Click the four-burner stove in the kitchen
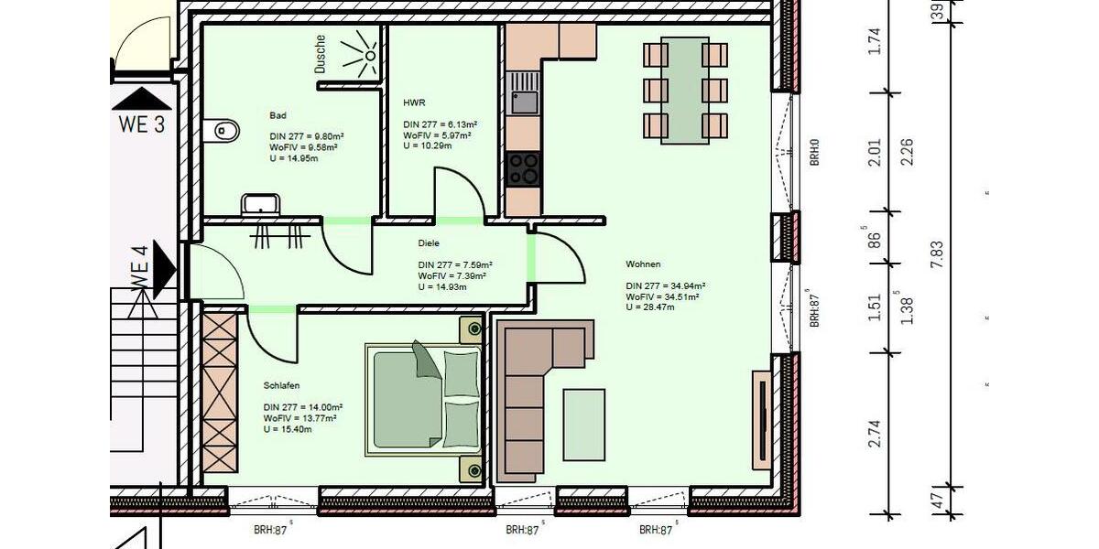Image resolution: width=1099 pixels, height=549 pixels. pyautogui.click(x=524, y=169)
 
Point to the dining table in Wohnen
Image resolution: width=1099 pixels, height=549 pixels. pyautogui.click(x=685, y=90)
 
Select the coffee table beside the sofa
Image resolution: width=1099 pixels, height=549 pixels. pyautogui.click(x=583, y=425)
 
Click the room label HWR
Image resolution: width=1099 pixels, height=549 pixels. pyautogui.click(x=414, y=103)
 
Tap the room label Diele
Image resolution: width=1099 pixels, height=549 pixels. pyautogui.click(x=429, y=243)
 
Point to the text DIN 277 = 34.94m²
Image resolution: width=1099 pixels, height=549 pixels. pyautogui.click(x=663, y=286)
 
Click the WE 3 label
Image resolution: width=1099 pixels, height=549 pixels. pyautogui.click(x=141, y=125)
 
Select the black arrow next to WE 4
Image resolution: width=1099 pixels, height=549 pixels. pyautogui.click(x=165, y=266)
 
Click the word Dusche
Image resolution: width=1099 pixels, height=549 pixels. pyautogui.click(x=321, y=54)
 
